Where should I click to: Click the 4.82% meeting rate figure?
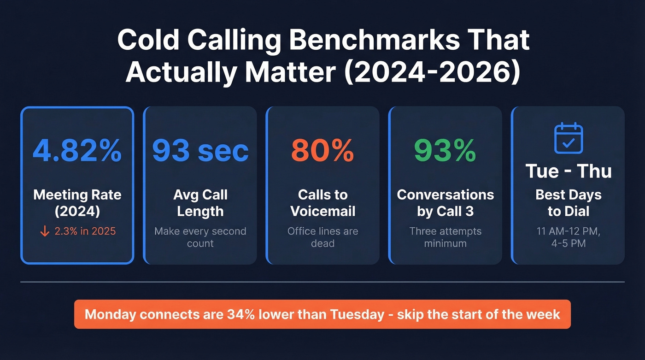pos(77,150)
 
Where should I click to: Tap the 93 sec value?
pos(200,150)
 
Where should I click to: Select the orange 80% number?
pos(322,150)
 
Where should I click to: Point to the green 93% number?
pos(445,150)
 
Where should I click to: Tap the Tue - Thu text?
pos(568,171)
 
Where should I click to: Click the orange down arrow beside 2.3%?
pos(45,231)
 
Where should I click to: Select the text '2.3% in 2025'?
pos(85,231)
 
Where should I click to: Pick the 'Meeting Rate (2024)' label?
pos(77,203)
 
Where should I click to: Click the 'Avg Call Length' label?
pos(200,203)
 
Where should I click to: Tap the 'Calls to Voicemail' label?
pos(322,203)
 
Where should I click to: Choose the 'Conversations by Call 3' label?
pos(445,203)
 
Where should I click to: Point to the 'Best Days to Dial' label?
pos(568,203)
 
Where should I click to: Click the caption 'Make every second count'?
pos(200,237)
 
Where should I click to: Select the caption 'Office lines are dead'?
pos(322,237)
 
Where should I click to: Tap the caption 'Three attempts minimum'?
pos(445,237)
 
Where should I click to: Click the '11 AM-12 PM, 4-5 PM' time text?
pos(568,237)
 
